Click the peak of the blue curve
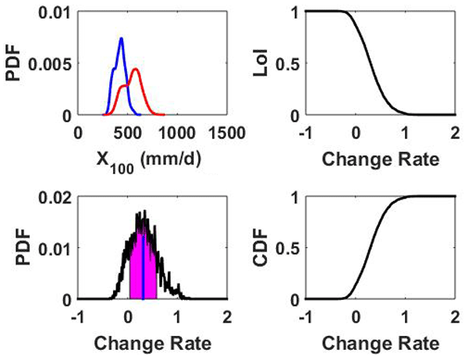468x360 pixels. pyautogui.click(x=121, y=38)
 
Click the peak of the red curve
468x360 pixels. pyautogui.click(x=135, y=70)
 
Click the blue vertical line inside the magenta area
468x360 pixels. pyautogui.click(x=143, y=257)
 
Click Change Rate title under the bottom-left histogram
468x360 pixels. pyautogui.click(x=152, y=343)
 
